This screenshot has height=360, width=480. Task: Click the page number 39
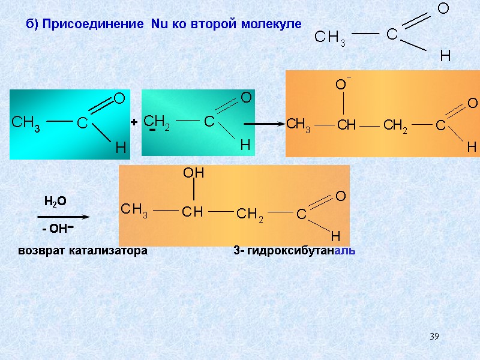point(434,335)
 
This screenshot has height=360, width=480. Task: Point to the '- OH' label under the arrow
point(58,229)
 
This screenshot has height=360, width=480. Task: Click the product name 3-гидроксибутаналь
point(294,251)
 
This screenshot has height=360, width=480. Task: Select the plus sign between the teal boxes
point(134,122)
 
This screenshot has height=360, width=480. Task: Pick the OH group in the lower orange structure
point(194,173)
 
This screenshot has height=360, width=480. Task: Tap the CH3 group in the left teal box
point(26,123)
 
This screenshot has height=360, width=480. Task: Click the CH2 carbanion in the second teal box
point(157,121)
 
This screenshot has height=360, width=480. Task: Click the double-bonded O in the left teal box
point(119,98)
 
